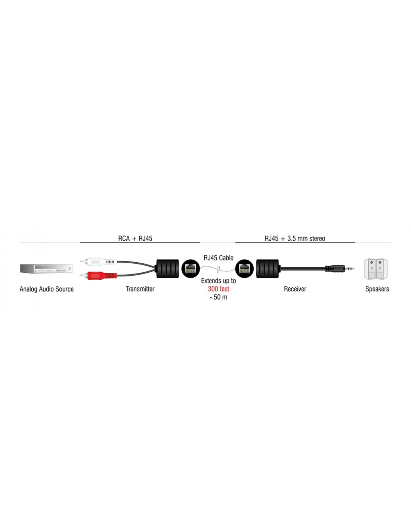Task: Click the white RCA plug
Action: pos(99,262)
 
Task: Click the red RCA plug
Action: pos(99,275)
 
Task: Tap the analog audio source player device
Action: pos(46,269)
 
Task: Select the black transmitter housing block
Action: pos(167,269)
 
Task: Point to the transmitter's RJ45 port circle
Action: pos(191,269)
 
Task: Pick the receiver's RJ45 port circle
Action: pos(244,269)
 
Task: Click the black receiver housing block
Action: pos(268,269)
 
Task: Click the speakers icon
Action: pos(376,269)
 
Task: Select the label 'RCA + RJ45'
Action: pos(135,238)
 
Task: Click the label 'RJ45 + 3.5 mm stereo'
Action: pos(295,238)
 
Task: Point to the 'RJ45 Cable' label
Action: pos(218,258)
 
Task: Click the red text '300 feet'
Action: pos(218,289)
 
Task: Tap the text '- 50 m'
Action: pos(218,297)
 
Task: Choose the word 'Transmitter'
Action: pos(140,289)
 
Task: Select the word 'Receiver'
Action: pos(295,289)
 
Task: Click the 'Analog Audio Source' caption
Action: pos(46,289)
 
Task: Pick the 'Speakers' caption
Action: pos(377,289)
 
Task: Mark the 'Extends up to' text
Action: pos(218,281)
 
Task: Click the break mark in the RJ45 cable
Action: pos(218,269)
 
